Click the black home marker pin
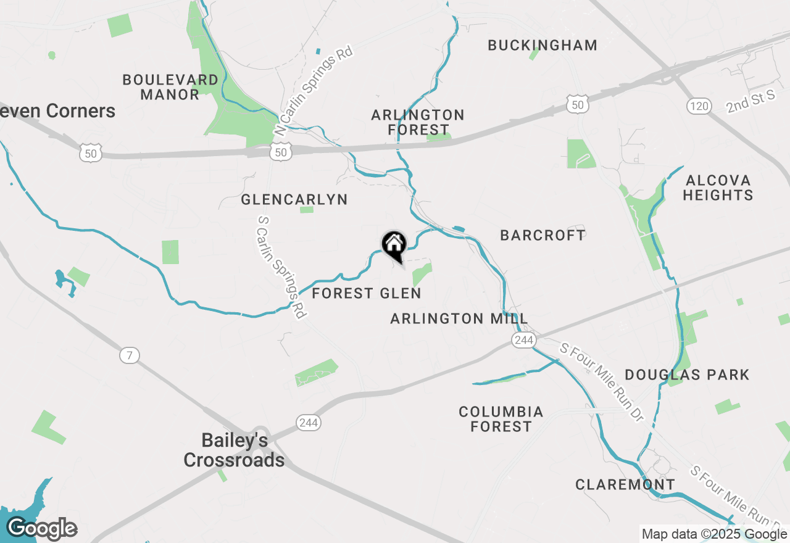click(x=394, y=245)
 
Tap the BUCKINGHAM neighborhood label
click(x=543, y=45)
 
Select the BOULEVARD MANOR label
click(x=170, y=87)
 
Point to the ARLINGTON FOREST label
click(x=418, y=122)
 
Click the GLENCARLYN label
click(x=294, y=199)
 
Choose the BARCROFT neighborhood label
click(x=543, y=235)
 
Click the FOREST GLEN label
click(x=367, y=293)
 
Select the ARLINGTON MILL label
click(x=459, y=318)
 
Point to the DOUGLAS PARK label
click(x=687, y=375)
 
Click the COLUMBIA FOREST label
click(x=501, y=419)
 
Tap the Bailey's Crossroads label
click(x=235, y=450)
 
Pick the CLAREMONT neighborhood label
click(x=625, y=484)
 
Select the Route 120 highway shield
click(x=699, y=106)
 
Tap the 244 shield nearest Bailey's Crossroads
click(x=308, y=423)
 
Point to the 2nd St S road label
click(x=750, y=102)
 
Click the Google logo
click(x=41, y=528)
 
